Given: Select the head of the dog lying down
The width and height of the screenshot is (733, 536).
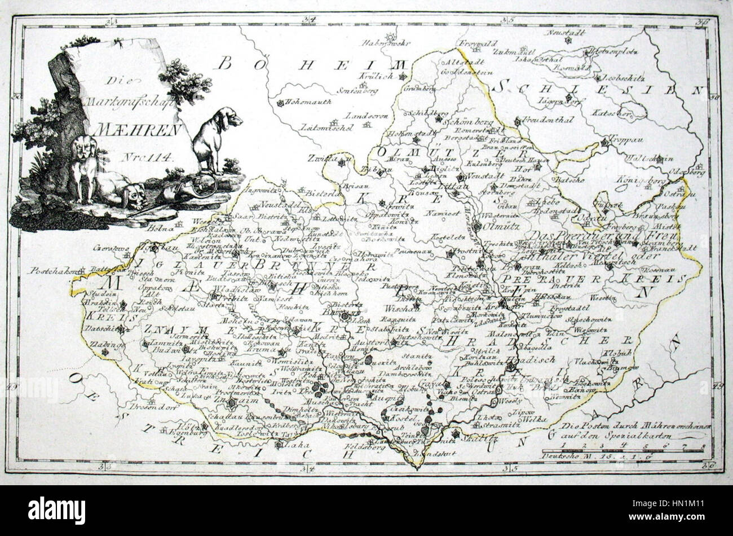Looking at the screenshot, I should pos(134,195).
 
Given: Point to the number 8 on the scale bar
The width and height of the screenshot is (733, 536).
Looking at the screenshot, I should pos(702,446).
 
